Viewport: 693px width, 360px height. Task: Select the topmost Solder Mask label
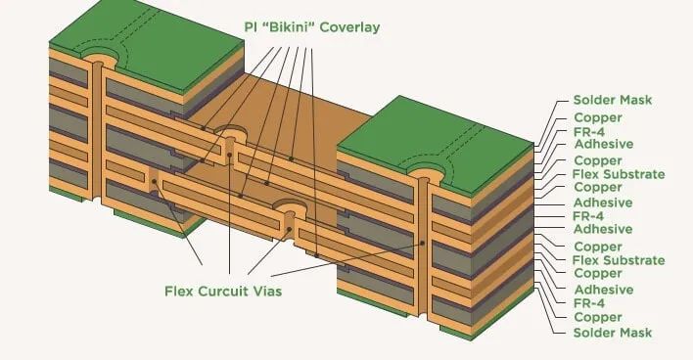coord(612,101)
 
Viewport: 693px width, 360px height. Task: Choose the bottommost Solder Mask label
coord(612,334)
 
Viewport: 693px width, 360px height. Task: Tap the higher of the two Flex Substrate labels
coord(619,174)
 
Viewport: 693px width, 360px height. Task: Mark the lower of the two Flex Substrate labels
coord(619,260)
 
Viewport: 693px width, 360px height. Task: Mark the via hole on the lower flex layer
coord(289,208)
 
